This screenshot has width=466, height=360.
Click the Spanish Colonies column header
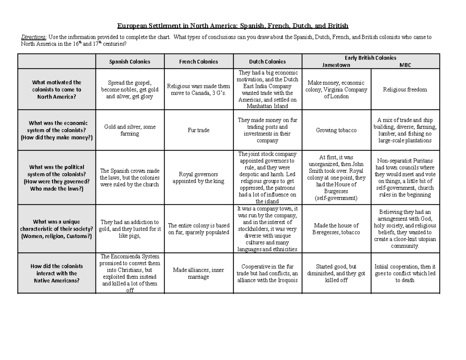coord(129,61)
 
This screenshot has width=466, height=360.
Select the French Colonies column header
coord(198,61)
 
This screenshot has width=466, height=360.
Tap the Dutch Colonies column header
coord(267,61)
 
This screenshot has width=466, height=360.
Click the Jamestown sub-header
coord(336,65)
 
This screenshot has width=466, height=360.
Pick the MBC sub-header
coord(405,65)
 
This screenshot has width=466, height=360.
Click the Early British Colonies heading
coord(370,57)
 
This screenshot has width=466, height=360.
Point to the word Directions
coord(33,37)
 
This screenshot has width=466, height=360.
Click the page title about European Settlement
coord(233,26)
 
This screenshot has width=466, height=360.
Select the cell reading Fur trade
coord(198,130)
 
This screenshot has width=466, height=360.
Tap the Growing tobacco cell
coord(336,130)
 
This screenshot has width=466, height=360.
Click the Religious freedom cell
coord(405,89)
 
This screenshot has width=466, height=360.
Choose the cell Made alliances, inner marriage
coord(198,273)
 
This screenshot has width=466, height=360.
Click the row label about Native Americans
coord(57,273)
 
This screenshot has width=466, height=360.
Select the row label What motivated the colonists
coord(57,89)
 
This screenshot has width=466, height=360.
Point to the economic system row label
coord(57,130)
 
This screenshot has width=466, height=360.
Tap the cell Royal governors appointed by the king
coord(198,177)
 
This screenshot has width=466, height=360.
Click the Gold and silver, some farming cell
coord(129,130)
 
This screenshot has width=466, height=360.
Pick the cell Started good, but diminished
coord(336,273)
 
